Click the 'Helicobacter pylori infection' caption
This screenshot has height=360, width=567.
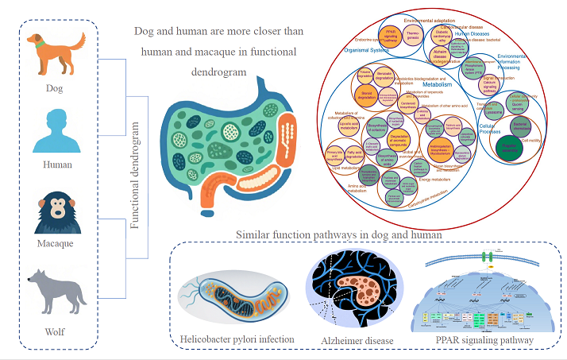click(x=236, y=339)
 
